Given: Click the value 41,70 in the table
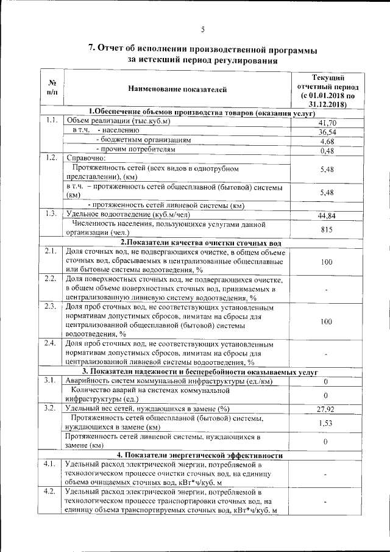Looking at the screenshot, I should coord(327,123).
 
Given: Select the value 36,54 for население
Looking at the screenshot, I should coord(327,132).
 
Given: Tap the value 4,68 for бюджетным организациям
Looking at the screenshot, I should coord(327,142).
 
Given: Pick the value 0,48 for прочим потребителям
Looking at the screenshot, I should coord(327,151).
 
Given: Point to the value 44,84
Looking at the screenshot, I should coord(327,216).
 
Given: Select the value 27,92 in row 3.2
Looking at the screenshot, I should coord(327,409).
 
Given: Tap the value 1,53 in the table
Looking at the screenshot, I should coord(327,423).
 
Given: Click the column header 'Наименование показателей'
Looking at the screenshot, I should coord(177,90).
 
